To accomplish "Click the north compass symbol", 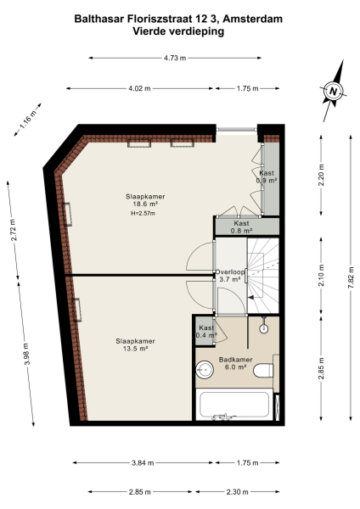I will point(335,92).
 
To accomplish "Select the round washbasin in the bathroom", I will point(203,368).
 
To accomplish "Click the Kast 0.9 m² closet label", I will point(267,176).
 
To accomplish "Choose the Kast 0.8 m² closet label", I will point(243,227).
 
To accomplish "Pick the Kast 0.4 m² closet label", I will point(205,332).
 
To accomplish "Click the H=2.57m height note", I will point(143,213).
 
